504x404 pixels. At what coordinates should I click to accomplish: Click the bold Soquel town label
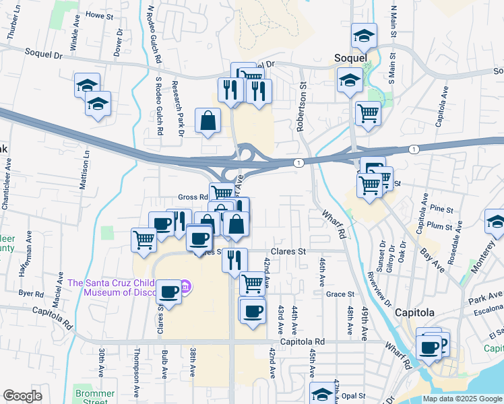[x=350, y=59]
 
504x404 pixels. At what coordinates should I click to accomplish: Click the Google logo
[x=22, y=396]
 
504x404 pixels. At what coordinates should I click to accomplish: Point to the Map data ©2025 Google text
[x=462, y=399]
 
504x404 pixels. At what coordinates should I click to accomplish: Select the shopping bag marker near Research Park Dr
[x=208, y=121]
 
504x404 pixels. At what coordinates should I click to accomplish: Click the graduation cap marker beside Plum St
[x=495, y=222]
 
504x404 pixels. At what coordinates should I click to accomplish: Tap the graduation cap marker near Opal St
[x=321, y=394]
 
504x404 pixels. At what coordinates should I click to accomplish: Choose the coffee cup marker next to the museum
[x=168, y=292]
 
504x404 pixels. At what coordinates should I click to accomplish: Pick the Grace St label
[x=340, y=294]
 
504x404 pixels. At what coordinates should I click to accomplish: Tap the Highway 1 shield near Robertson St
[x=297, y=163]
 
